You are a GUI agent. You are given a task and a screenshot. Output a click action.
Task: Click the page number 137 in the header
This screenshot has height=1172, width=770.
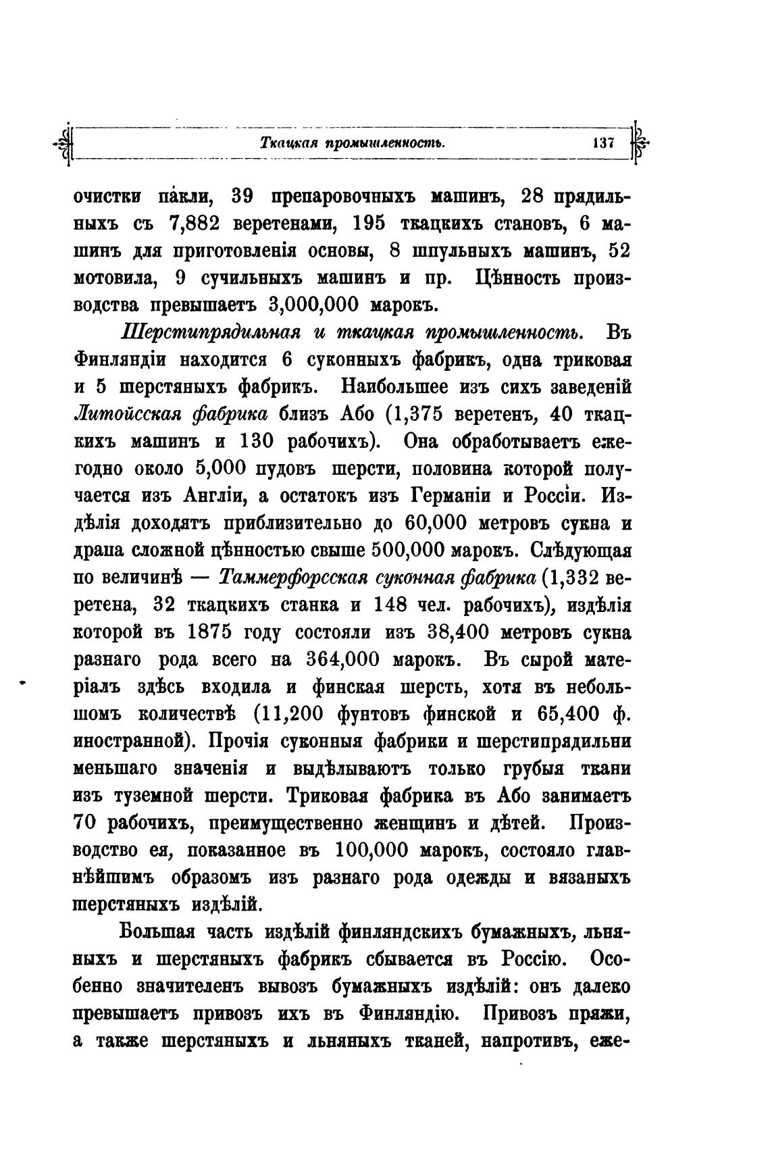coord(601,143)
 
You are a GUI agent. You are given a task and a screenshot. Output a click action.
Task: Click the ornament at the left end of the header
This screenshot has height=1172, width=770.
coord(66,143)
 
